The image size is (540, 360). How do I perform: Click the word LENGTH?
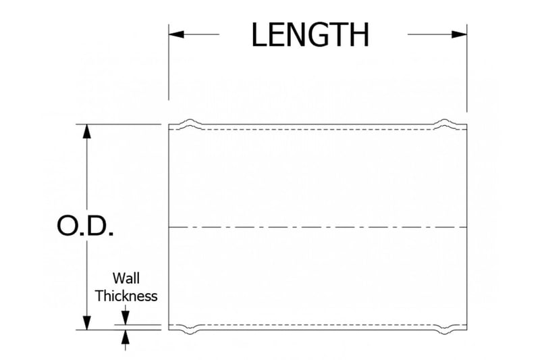[x=310, y=35]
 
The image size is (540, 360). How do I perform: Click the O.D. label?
[x=85, y=227]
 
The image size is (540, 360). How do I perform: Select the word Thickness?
[x=126, y=296]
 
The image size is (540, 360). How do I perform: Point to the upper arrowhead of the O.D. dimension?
[x=86, y=132]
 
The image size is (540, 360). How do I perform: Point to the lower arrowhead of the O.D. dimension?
[x=86, y=322]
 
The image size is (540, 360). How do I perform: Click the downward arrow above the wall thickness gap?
[x=125, y=317]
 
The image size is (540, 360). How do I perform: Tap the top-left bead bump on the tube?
[x=190, y=123]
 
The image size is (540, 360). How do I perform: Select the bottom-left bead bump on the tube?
[x=190, y=331]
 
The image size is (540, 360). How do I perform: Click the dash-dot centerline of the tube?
[x=317, y=227]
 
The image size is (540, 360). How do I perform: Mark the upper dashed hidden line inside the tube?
[x=317, y=128]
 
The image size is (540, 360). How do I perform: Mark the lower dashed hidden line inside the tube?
[x=317, y=326]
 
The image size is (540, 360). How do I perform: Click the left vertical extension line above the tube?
[x=168, y=74]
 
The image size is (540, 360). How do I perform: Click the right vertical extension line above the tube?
[x=467, y=74]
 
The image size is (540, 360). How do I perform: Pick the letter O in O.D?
[x=69, y=227]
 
